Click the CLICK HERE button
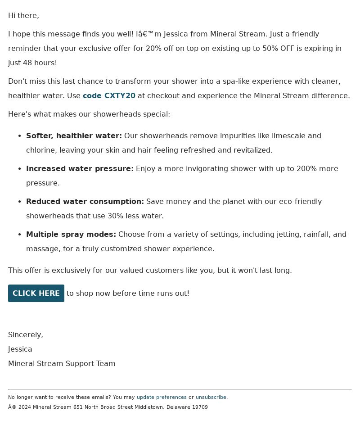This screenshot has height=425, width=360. coord(36,293)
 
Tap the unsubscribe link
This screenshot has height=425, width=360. coord(211,397)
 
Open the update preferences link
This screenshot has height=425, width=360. coord(162,397)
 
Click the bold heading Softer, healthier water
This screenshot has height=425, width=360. coord(74,136)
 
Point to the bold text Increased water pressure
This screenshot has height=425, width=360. coord(80,168)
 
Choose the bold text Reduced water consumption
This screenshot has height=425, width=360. coord(85,201)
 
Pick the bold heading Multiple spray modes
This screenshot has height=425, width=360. coord(71,234)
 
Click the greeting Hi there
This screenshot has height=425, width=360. coord(23,15)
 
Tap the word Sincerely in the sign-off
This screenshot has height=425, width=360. coord(26,335)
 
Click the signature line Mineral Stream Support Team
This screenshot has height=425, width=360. coord(62,363)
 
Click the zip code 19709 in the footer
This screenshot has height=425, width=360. coord(200,407)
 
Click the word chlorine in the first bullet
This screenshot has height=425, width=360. coord(40,150)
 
